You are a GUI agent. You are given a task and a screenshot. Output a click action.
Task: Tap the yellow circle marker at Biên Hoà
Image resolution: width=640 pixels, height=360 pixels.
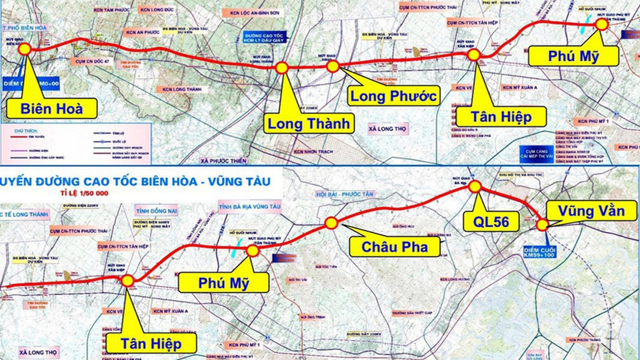(24, 48)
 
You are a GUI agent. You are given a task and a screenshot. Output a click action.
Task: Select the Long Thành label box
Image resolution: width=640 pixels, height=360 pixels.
(309, 123)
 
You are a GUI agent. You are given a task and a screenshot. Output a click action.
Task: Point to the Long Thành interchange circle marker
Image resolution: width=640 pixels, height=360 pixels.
(282, 68)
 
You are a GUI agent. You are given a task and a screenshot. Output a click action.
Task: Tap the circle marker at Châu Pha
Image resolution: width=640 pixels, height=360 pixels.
(331, 223)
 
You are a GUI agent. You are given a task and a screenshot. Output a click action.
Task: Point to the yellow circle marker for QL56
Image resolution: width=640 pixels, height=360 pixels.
(475, 186)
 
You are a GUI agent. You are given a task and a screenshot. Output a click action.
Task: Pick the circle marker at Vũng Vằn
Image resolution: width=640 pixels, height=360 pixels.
(543, 225)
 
